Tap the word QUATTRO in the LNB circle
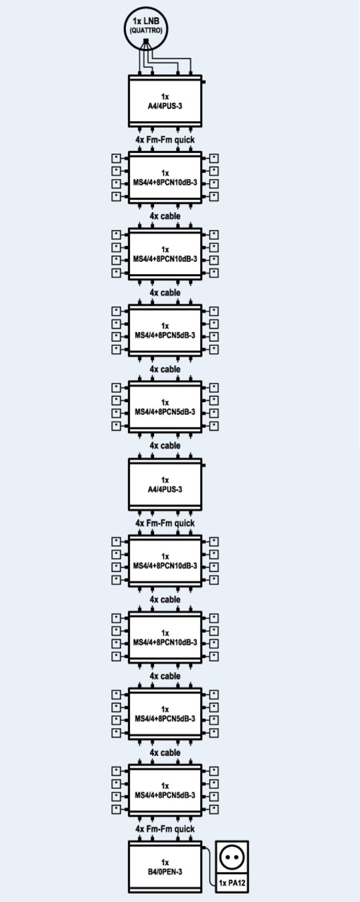click(x=146, y=30)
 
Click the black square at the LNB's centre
click(x=146, y=41)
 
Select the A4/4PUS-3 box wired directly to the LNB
click(x=165, y=101)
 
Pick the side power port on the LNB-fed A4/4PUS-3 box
click(x=204, y=82)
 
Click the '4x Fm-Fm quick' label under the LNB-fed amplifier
click(x=165, y=140)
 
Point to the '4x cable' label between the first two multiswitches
click(x=165, y=217)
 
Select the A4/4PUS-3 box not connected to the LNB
click(x=165, y=484)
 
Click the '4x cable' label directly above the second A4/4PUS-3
click(x=165, y=446)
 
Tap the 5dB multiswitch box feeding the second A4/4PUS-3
click(x=165, y=407)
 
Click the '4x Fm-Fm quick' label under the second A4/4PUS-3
click(x=165, y=523)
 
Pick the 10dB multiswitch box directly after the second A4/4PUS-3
click(x=165, y=561)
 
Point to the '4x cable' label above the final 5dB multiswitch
click(x=165, y=753)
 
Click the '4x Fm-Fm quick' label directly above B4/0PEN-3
click(x=165, y=829)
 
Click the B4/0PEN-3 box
click(x=165, y=867)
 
